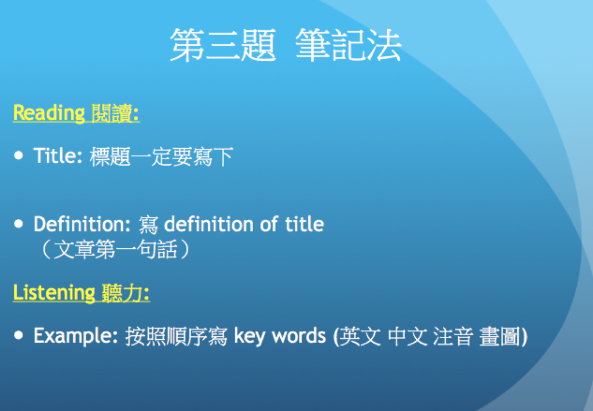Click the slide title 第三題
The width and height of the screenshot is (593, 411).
(x=223, y=45)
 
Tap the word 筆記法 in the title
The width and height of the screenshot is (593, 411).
(x=348, y=45)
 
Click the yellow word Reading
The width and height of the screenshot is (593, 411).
(x=49, y=113)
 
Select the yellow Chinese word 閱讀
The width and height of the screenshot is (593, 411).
(x=112, y=113)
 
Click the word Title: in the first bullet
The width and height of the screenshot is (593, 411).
(x=58, y=156)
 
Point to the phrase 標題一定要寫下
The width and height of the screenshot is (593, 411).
(x=162, y=156)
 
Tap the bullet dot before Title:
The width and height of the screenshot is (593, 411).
(x=19, y=155)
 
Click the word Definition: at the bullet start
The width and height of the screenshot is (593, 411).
(x=82, y=224)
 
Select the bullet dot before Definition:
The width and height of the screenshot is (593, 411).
(x=19, y=224)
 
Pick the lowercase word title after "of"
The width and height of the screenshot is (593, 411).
(x=305, y=224)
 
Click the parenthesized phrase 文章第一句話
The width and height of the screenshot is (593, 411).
(x=115, y=249)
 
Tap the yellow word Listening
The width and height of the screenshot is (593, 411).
(x=54, y=293)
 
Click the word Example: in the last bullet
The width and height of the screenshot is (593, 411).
(x=76, y=336)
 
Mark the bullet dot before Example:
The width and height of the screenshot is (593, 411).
(x=19, y=335)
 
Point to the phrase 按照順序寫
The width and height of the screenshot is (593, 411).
(x=176, y=336)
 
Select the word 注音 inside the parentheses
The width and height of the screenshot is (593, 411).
(x=453, y=336)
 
